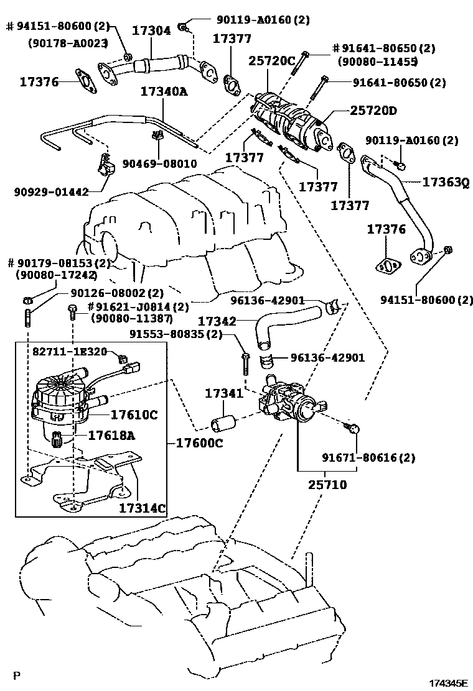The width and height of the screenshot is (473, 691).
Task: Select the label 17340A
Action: [164, 92]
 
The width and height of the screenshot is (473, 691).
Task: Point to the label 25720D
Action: [373, 110]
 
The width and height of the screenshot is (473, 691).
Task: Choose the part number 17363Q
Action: [445, 182]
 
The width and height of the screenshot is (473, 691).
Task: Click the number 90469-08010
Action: [159, 164]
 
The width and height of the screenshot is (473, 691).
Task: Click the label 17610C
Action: [134, 414]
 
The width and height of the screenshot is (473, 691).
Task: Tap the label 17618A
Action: [111, 436]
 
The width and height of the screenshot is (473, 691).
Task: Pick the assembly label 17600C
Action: [199, 443]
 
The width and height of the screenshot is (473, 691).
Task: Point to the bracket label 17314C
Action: [143, 508]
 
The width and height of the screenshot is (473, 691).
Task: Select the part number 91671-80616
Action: [368, 457]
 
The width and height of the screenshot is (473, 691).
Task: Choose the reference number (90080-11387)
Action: [131, 318]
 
